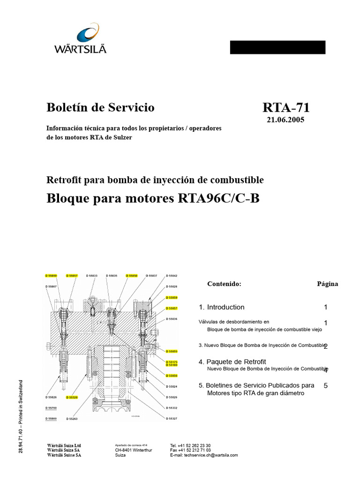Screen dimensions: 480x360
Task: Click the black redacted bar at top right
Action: click(x=277, y=47)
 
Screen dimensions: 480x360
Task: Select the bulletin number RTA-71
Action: click(x=286, y=108)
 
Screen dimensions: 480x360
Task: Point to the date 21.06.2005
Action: click(x=285, y=120)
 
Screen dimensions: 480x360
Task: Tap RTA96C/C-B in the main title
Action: click(x=218, y=199)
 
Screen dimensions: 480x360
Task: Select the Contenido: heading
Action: click(x=224, y=284)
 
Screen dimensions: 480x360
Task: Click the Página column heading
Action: click(x=327, y=284)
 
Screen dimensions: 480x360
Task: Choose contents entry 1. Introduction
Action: click(x=221, y=307)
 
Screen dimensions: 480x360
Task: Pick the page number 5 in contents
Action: click(x=325, y=385)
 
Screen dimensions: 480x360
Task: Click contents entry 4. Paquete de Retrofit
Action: click(x=232, y=361)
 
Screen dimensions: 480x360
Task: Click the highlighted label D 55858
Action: click(x=132, y=276)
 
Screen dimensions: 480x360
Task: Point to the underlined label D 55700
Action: click(x=51, y=408)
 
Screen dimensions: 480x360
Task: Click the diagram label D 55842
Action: click(x=172, y=276)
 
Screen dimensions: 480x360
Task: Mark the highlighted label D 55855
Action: click(x=172, y=351)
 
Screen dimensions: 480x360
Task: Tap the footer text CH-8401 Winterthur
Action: click(x=134, y=450)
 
